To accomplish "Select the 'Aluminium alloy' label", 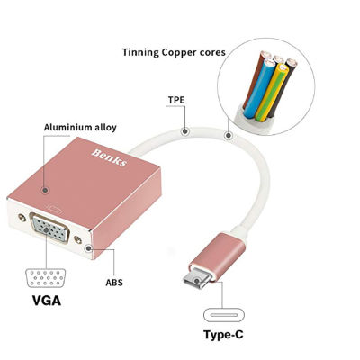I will tap(80, 128).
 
